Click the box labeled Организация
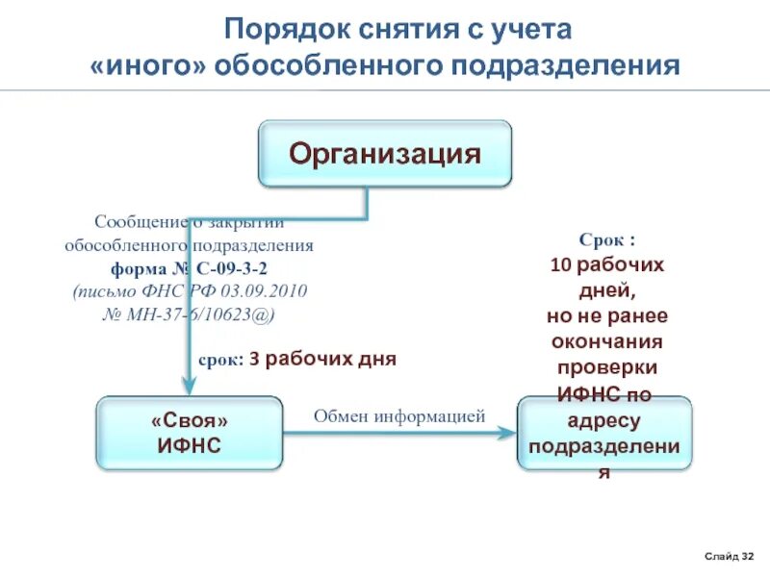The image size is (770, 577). pyautogui.click(x=385, y=153)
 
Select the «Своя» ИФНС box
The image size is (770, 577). pyautogui.click(x=190, y=433)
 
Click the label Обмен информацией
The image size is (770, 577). pyautogui.click(x=399, y=415)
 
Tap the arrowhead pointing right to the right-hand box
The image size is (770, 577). pyautogui.click(x=507, y=433)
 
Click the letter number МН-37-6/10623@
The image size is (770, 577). pyautogui.click(x=201, y=314)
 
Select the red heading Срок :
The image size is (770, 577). pyautogui.click(x=606, y=238)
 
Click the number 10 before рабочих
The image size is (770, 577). pyautogui.click(x=558, y=263)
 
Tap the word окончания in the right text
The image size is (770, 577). pyautogui.click(x=606, y=341)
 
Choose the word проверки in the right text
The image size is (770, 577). pyautogui.click(x=606, y=367)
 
